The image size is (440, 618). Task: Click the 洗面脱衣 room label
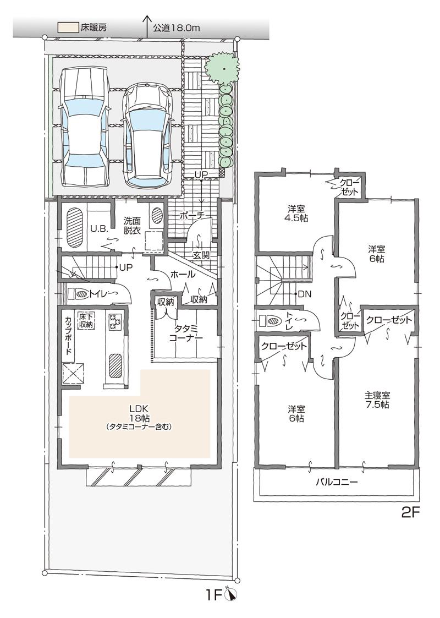tap(132, 223)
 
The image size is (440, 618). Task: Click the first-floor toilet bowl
tap(82, 294)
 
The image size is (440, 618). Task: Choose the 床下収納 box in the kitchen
tap(86, 321)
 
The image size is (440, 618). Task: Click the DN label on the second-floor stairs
tap(304, 294)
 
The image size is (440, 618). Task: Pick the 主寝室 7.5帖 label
tap(377, 400)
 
